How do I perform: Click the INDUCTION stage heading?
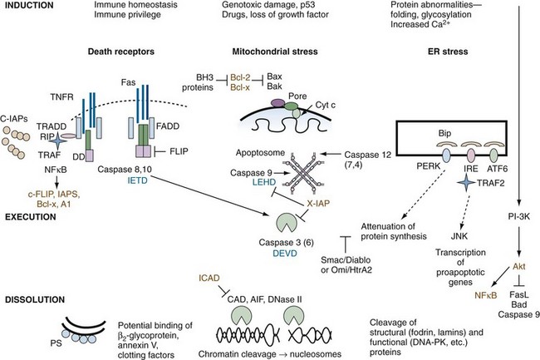(x=30, y=7)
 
